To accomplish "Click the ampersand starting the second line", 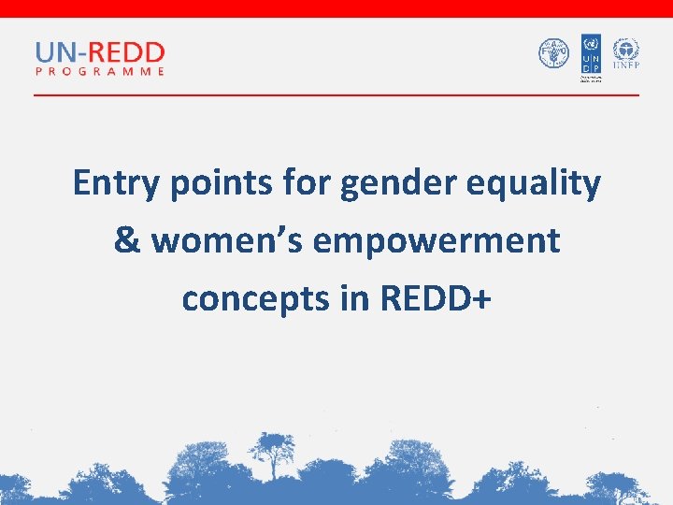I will (x=127, y=240).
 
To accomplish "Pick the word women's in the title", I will (x=228, y=240).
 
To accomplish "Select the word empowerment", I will (x=437, y=240).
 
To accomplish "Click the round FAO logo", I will (x=553, y=53).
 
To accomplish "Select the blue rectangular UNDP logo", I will (x=590, y=53).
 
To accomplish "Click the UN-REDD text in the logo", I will (x=100, y=52).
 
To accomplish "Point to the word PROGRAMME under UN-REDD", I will (x=100, y=71).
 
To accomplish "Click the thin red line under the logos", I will (x=336, y=95).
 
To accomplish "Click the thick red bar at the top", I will (x=336, y=8).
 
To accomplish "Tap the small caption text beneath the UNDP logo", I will (x=590, y=79).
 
